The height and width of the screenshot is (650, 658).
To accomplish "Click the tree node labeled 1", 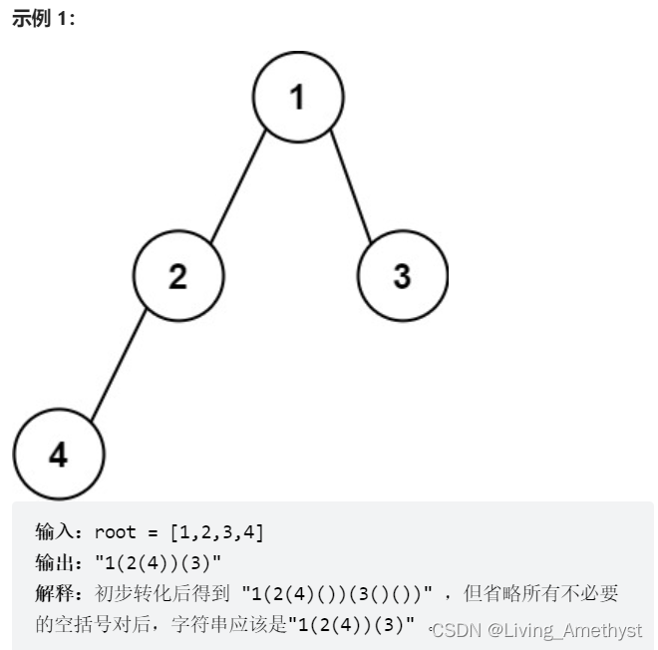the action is (298, 97).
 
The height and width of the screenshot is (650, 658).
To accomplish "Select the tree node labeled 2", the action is (178, 275).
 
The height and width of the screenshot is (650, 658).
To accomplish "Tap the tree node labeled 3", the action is (402, 275).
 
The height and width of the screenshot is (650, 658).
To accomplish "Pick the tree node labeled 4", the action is (59, 455).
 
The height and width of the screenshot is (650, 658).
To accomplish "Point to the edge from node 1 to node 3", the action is (351, 186).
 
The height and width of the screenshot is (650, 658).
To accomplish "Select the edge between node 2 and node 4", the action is (119, 365).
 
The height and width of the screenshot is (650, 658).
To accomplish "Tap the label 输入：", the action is (63, 532).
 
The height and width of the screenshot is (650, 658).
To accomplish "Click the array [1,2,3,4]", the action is (216, 532).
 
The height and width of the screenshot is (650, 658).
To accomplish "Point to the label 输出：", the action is (63, 562).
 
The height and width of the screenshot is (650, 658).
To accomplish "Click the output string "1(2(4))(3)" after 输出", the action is (159, 562).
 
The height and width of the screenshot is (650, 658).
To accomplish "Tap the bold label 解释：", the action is (63, 594).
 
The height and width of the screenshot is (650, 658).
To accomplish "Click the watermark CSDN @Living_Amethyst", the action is (536, 630).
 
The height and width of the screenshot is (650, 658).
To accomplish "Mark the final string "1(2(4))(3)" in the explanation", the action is (351, 626).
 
